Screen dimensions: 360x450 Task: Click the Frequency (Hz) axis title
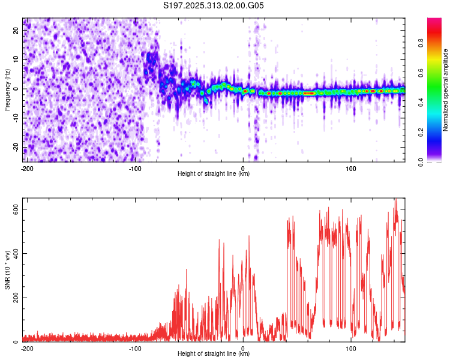tap(8, 89)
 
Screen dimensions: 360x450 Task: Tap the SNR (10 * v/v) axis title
tap(8, 270)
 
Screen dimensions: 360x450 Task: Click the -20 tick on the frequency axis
tap(16, 148)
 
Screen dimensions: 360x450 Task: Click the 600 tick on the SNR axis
tap(15, 209)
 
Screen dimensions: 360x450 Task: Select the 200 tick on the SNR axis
tap(15, 298)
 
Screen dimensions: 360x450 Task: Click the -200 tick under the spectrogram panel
tap(27, 168)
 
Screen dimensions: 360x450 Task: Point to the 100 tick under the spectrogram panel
tap(350, 168)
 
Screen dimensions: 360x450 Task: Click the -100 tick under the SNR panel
tap(135, 348)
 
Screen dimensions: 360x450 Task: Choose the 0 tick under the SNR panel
tap(243, 348)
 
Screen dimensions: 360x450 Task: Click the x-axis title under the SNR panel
tap(214, 354)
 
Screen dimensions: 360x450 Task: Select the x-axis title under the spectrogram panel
tap(214, 174)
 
